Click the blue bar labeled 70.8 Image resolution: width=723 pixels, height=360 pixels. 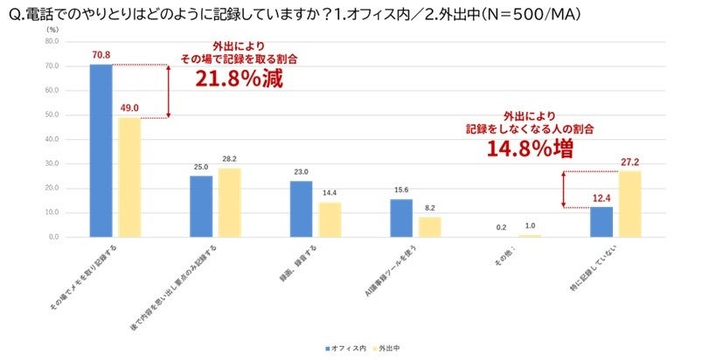101,150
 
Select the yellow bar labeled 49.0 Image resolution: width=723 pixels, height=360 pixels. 129,177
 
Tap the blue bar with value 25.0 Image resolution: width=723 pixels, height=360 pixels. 201,206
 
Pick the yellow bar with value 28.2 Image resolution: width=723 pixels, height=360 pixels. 230,202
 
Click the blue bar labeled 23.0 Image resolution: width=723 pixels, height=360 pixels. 301,209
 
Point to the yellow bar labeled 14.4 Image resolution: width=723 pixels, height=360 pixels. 330,219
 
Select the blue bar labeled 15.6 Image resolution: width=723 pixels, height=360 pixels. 401,218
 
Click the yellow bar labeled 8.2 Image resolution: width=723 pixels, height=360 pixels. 430,226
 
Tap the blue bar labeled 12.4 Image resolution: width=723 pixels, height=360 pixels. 601,222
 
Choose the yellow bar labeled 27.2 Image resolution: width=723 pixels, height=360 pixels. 630,204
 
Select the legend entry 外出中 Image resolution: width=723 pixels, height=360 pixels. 395,347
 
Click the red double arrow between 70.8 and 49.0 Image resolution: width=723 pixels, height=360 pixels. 170,91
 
